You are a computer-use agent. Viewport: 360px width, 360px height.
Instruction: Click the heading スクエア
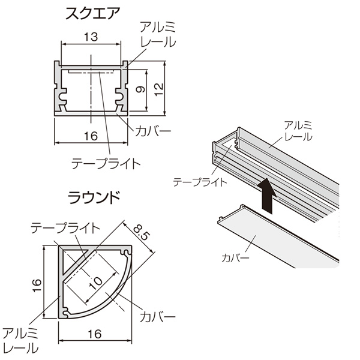tap(93, 14)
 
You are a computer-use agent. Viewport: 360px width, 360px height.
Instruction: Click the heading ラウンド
tap(94, 197)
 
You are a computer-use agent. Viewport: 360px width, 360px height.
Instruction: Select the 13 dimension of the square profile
tap(91, 37)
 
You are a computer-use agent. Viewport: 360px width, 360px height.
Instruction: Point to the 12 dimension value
tap(158, 89)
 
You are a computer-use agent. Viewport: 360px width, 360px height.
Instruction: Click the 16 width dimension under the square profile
tap(91, 136)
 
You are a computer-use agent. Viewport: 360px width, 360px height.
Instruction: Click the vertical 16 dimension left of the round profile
tap(37, 286)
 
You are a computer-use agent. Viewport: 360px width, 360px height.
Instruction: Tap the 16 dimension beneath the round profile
tap(95, 334)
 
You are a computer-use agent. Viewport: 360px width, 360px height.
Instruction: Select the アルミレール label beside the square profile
tap(158, 34)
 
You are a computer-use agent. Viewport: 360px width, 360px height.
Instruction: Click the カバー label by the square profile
tap(152, 131)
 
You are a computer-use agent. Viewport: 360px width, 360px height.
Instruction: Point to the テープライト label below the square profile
tap(106, 164)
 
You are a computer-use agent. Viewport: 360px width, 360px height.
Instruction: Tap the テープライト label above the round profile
tap(65, 228)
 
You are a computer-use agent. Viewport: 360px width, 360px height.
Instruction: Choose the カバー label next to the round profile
tap(157, 317)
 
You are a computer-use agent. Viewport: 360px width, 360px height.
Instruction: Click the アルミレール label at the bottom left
tap(20, 341)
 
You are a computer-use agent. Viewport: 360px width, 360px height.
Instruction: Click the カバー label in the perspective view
tap(235, 258)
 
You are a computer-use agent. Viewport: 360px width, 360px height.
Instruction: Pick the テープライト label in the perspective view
tap(200, 182)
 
